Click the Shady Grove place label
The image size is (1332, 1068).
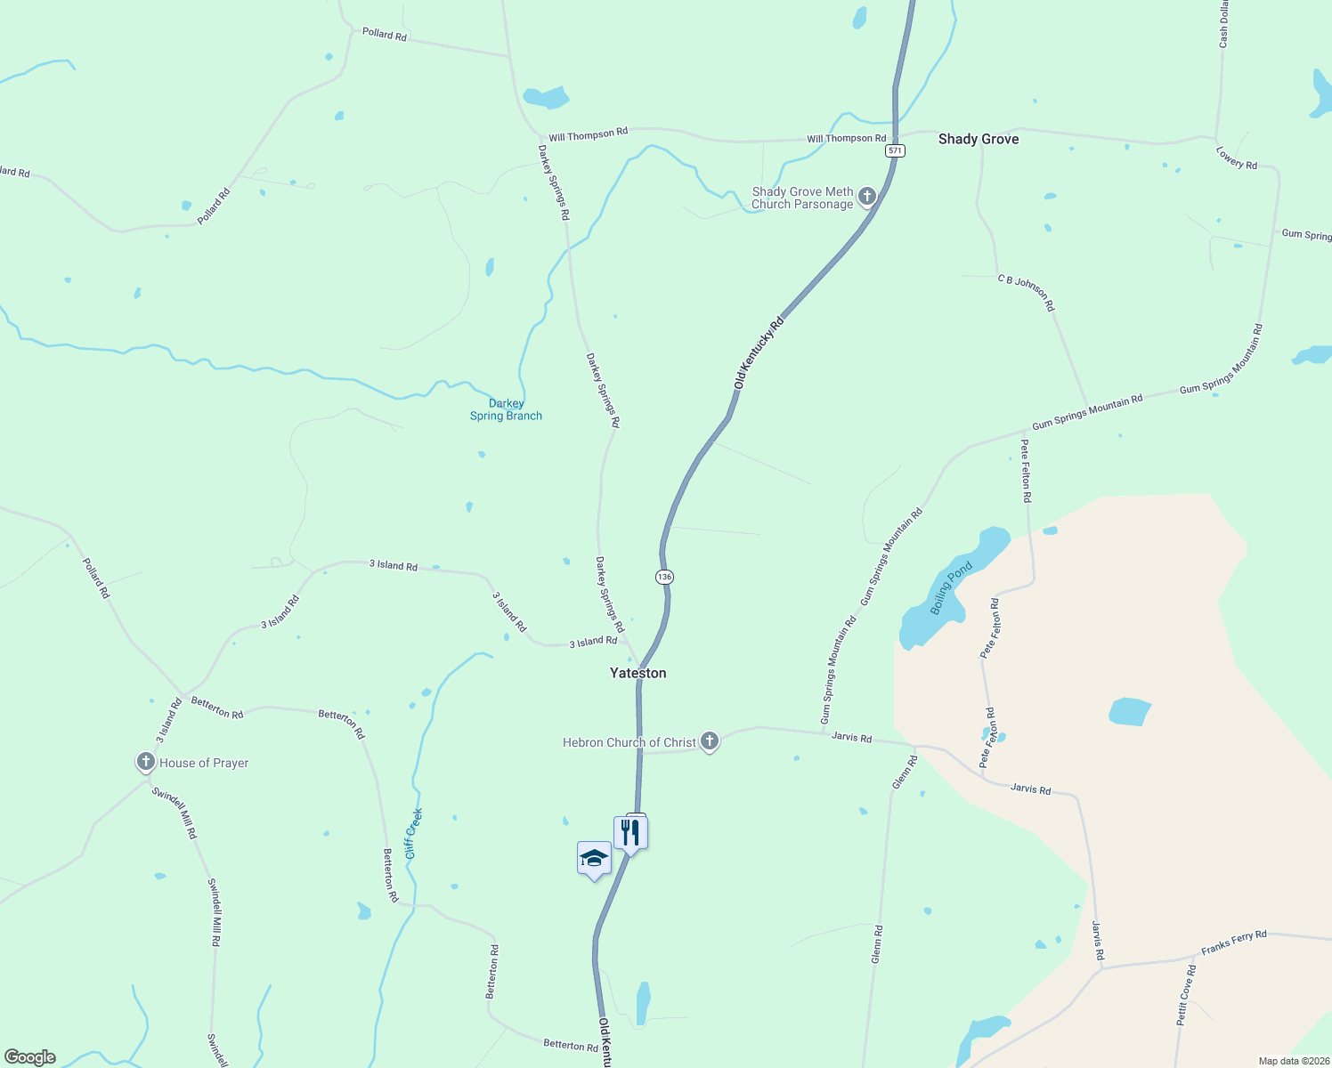coord(978,139)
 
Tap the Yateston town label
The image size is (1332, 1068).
coord(638,673)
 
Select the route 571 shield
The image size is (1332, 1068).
coord(895,151)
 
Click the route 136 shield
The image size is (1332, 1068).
coord(664,577)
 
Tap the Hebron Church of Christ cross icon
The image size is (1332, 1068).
coord(709,740)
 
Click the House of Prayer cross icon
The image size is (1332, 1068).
coord(146,762)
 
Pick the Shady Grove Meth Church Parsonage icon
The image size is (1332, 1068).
coord(867,197)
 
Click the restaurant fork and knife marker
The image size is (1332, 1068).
coord(630,833)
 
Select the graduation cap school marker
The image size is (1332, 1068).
coord(594,859)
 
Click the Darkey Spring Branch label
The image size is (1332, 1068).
coord(506,409)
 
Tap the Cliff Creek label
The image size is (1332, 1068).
coord(413,833)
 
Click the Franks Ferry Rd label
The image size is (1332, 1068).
coord(1233,943)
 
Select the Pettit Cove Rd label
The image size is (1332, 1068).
coord(1186,995)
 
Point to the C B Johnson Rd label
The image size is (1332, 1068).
coord(1026,293)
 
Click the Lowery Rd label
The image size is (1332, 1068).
coord(1237,158)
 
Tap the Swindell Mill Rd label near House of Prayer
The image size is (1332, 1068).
coord(174,813)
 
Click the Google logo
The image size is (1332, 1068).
coord(30,1057)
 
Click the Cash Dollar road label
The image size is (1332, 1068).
coord(1224,25)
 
